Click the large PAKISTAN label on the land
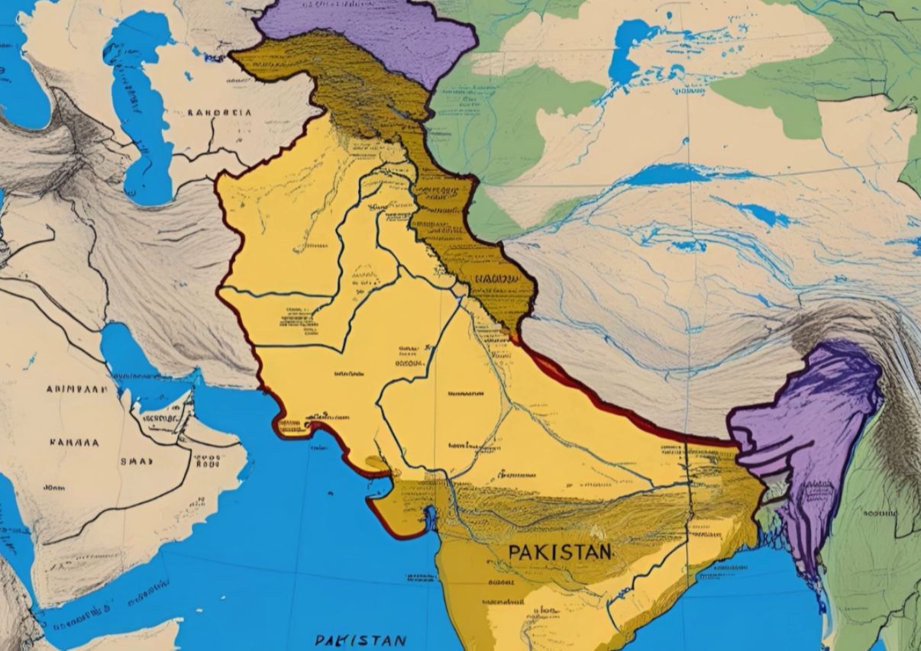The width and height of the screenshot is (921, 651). (x=559, y=551)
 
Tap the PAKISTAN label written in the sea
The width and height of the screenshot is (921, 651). (x=360, y=640)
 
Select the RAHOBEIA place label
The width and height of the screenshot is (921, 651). (x=220, y=112)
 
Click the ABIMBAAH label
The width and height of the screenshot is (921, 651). (x=76, y=388)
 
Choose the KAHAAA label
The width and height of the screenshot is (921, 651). (x=74, y=442)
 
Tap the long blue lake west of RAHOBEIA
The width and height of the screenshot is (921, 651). (x=137, y=107)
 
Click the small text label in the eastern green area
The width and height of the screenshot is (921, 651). (x=879, y=514)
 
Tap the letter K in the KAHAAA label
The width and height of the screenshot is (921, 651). (x=53, y=442)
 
